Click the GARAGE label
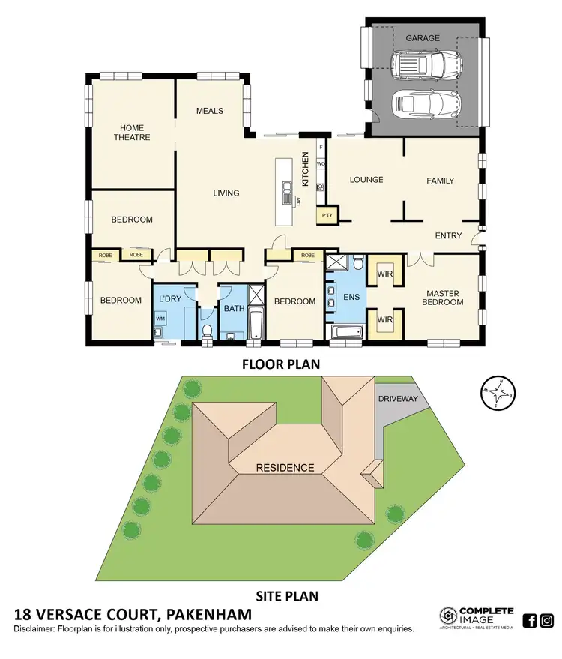tap(423, 38)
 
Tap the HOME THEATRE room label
tap(132, 132)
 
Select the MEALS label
tap(210, 111)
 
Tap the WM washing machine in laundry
tap(160, 319)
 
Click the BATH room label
tap(234, 308)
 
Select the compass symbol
tap(498, 392)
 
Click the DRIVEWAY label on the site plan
tap(398, 398)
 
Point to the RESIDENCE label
tap(285, 467)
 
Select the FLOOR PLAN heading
tap(280, 365)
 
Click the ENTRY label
tap(448, 235)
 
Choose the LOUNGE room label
tap(366, 180)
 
